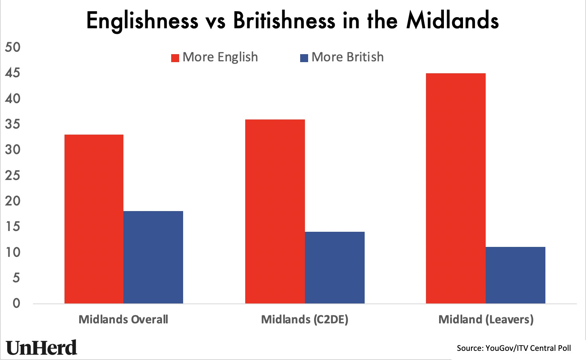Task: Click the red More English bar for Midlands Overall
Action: (x=94, y=219)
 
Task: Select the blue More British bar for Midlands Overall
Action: (x=153, y=257)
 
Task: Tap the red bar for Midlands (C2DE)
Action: (x=275, y=211)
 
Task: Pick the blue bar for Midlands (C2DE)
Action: (x=334, y=268)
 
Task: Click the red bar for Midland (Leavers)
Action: (x=455, y=188)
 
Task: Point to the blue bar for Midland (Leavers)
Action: (x=515, y=275)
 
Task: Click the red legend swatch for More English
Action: (x=175, y=58)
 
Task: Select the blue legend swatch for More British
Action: (x=304, y=58)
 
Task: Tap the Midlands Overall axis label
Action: (x=123, y=319)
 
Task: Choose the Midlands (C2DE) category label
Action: (x=305, y=319)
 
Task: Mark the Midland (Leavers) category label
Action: (x=486, y=319)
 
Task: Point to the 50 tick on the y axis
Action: (x=12, y=47)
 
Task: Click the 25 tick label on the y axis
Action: (x=12, y=175)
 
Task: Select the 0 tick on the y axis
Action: (x=16, y=303)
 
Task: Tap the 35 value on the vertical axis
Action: (x=12, y=124)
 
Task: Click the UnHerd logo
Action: (x=41, y=348)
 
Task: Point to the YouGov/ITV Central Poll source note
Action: (x=514, y=348)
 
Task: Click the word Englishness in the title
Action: (x=142, y=20)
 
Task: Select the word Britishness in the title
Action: (x=284, y=20)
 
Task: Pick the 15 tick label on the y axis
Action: (x=12, y=227)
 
